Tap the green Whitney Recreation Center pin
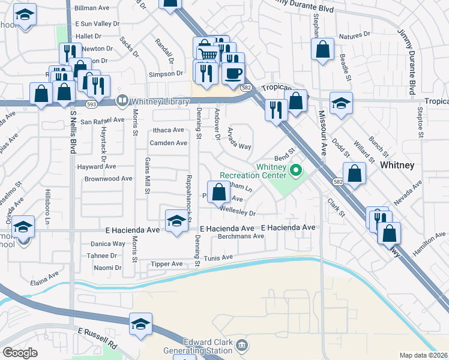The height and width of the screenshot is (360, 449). [295, 172]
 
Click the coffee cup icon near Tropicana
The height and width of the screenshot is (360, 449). [233, 74]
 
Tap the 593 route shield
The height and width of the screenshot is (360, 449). [91, 104]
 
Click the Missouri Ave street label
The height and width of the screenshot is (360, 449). [322, 132]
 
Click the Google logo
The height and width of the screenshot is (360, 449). [20, 353]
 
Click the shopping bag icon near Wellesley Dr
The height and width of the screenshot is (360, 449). [219, 193]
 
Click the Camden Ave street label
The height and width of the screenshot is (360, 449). [169, 143]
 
